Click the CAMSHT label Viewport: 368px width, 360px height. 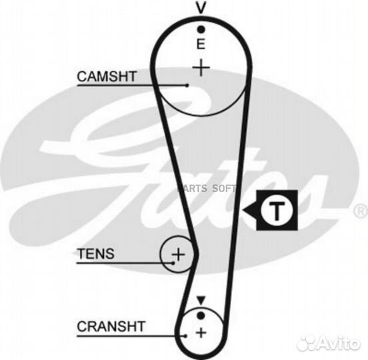(x=107, y=76)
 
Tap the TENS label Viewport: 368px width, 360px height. (x=96, y=253)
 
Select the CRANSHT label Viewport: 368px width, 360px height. (x=111, y=326)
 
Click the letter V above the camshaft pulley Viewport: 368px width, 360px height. (x=201, y=7)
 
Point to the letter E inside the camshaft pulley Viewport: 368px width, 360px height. (x=201, y=44)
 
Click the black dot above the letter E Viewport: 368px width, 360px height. (x=201, y=29)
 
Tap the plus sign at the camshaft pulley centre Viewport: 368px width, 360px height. (x=201, y=67)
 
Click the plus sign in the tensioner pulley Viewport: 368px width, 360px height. (x=179, y=254)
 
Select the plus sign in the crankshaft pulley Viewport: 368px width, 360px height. (x=201, y=333)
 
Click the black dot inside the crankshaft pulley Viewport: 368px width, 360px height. (x=201, y=315)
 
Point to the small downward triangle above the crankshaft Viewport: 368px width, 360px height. (x=201, y=300)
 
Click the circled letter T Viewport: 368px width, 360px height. (x=277, y=210)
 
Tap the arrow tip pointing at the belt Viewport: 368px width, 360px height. (x=243, y=210)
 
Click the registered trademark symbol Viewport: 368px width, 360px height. (x=361, y=210)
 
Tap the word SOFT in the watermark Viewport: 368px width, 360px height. (x=223, y=188)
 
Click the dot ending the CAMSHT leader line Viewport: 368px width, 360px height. (x=187, y=85)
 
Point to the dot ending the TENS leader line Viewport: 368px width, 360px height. (x=173, y=263)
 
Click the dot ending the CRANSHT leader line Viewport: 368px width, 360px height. (x=185, y=336)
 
